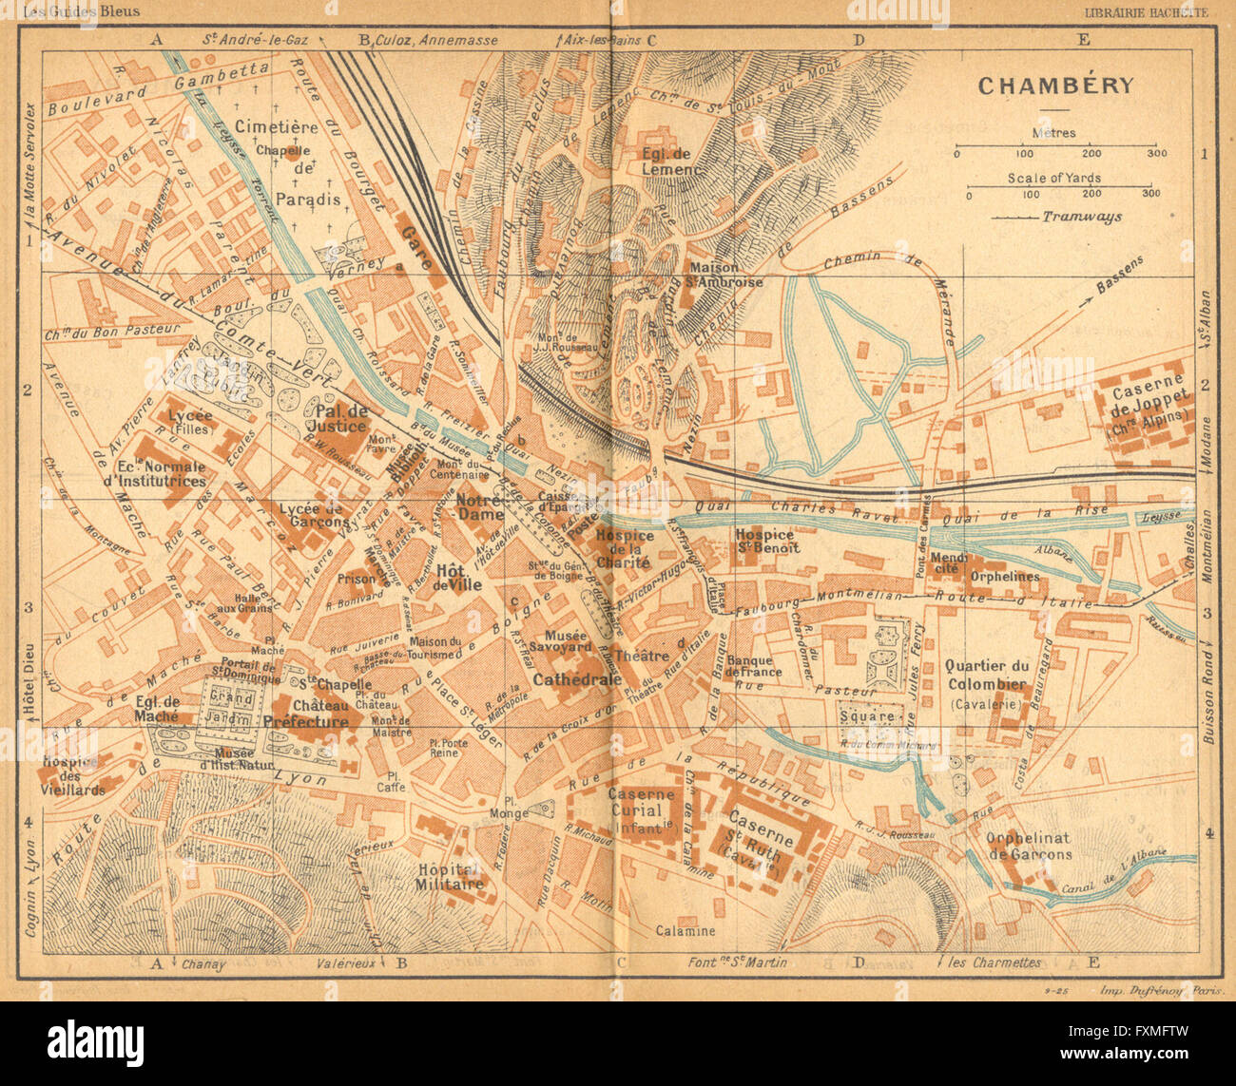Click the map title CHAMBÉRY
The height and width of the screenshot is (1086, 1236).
tap(1055, 86)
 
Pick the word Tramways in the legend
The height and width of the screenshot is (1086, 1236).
tap(1081, 217)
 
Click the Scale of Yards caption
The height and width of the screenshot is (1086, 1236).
tap(1055, 178)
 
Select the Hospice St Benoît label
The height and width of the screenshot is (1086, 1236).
tap(767, 541)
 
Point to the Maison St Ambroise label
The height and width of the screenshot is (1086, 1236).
tap(726, 275)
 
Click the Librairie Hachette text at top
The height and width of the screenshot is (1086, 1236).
tap(1147, 12)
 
